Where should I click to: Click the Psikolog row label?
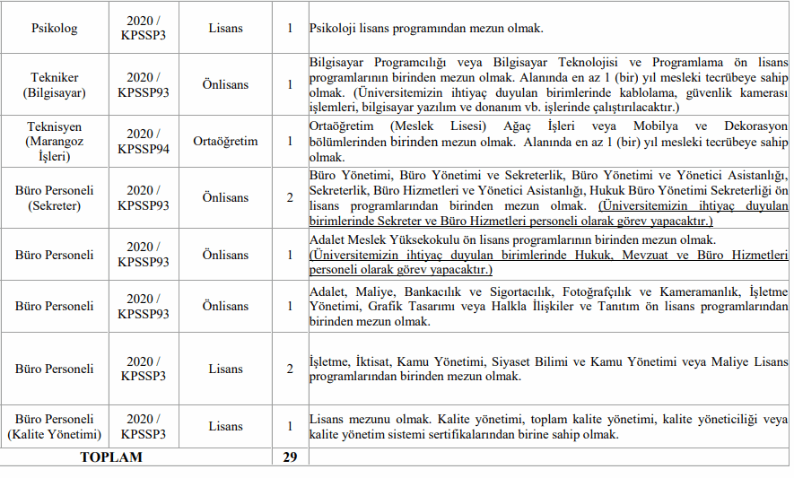point(55,28)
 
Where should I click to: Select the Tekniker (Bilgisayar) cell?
point(55,84)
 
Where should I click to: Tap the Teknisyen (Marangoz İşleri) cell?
point(55,141)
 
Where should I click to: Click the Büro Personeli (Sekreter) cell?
point(55,198)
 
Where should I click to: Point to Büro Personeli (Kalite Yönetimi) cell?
point(55,427)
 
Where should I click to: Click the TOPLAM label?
point(111,457)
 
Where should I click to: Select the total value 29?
point(290,457)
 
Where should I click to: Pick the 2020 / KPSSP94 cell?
point(144,141)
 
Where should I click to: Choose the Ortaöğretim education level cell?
point(225,141)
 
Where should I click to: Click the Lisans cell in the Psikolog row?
point(225,28)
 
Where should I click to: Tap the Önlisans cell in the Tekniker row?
point(225,84)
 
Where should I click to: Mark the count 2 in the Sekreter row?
point(290,198)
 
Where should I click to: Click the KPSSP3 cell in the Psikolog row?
point(144,28)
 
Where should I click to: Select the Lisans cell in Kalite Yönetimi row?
point(225,427)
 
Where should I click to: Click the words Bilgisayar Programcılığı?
point(379,62)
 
